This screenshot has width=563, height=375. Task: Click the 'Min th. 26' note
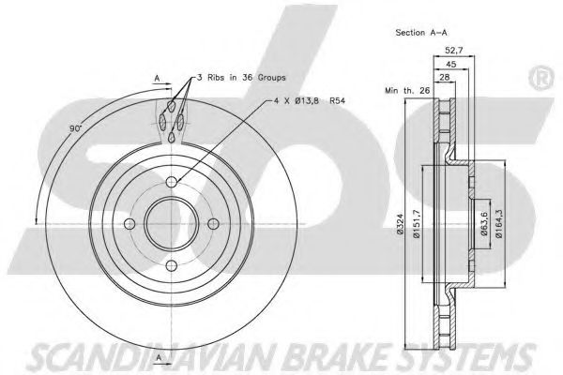pyautogui.click(x=402, y=90)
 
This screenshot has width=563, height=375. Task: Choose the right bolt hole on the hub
pyautogui.click(x=213, y=223)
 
